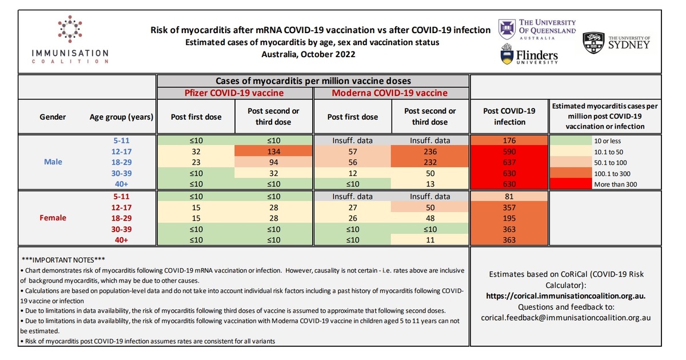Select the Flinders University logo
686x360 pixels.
529,55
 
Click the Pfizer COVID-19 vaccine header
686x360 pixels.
235,93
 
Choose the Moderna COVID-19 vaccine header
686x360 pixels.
391,93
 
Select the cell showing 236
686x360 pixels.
430,151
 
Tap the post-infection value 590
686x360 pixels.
509,151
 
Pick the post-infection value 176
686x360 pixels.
509,141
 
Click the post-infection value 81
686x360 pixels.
509,196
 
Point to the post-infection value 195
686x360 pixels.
509,218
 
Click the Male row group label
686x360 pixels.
53,162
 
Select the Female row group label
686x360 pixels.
53,218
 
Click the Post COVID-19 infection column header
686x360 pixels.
509,117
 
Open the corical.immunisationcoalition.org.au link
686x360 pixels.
565,296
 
